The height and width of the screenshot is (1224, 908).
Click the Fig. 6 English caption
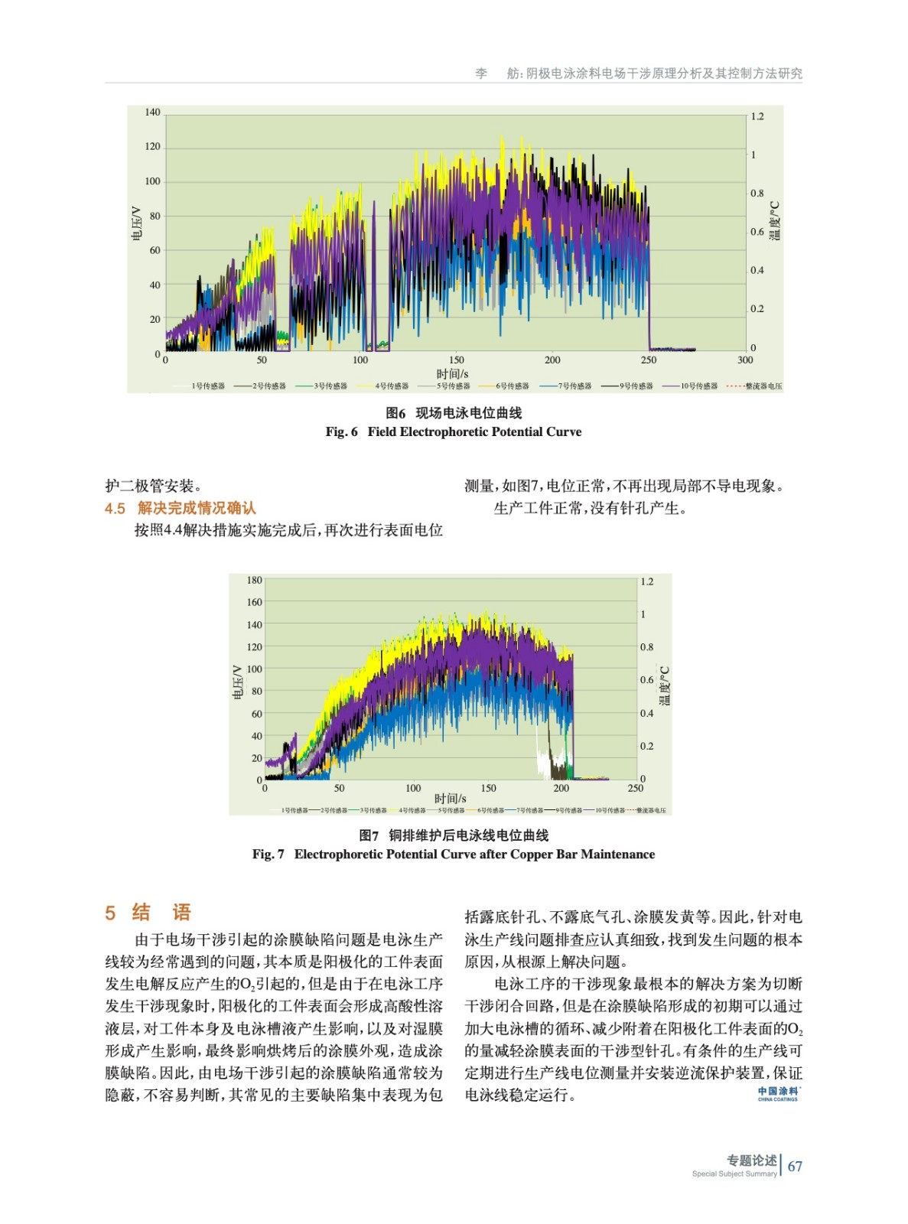tap(453, 431)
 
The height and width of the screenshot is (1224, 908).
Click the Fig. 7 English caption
tap(453, 854)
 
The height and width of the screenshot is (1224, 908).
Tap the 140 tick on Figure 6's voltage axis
tap(152, 112)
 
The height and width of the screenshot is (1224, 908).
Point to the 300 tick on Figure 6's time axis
tap(744, 360)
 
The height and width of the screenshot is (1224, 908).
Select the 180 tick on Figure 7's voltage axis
tap(254, 580)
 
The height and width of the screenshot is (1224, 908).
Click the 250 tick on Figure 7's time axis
tap(635, 787)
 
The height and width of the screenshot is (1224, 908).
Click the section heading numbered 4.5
tap(181, 508)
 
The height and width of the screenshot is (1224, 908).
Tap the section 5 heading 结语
tap(148, 912)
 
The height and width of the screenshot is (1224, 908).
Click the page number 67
tap(795, 1166)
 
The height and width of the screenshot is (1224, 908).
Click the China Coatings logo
tap(778, 1093)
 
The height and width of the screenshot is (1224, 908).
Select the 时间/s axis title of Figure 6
tap(452, 373)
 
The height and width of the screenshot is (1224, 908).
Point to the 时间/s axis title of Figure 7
tap(450, 798)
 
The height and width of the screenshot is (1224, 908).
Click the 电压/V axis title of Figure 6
tap(137, 223)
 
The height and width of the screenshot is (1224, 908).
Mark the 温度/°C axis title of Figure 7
tap(664, 685)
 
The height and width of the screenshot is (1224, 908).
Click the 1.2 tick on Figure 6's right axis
tap(757, 116)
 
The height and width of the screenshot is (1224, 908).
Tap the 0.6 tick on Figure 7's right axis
tap(647, 679)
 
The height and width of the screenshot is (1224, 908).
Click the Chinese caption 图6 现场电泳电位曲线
tap(453, 413)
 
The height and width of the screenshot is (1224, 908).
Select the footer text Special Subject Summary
tap(734, 1174)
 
